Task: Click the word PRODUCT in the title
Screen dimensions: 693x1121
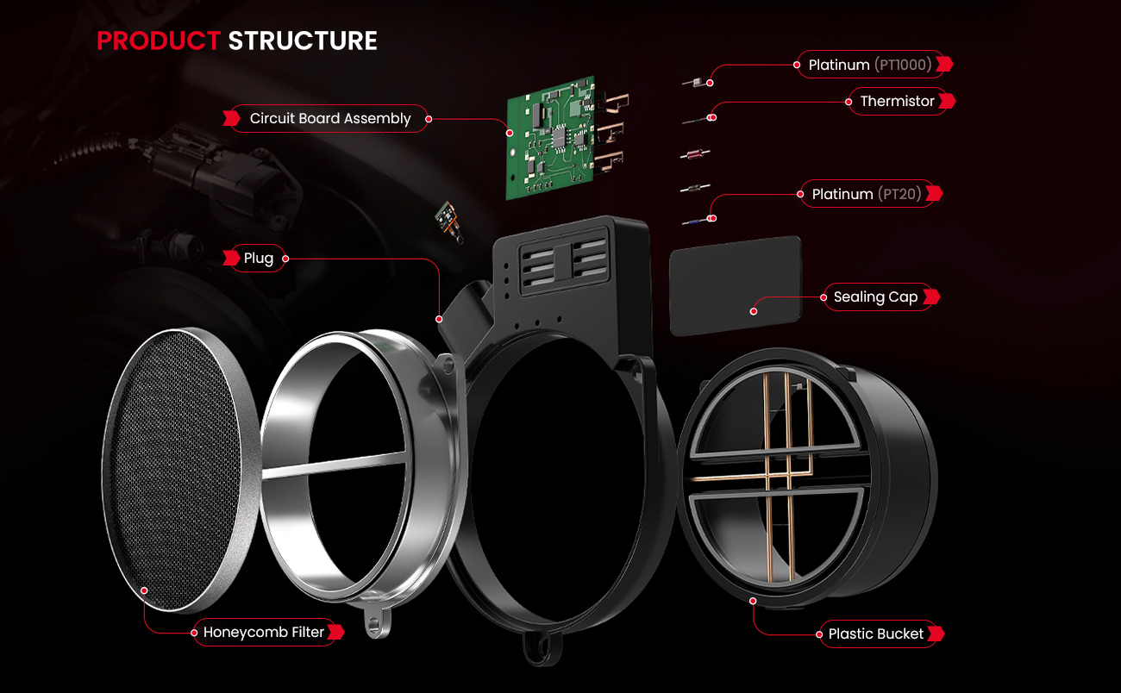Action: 159,41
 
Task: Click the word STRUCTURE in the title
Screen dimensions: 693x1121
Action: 303,41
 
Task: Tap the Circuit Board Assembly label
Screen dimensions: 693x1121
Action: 330,119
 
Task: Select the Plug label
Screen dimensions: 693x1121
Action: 259,259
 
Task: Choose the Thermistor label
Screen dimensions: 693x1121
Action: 897,102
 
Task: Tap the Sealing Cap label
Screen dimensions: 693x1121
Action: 875,297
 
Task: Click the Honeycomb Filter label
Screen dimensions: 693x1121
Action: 264,633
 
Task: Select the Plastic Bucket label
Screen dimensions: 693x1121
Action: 875,634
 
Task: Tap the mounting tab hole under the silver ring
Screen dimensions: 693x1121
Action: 373,623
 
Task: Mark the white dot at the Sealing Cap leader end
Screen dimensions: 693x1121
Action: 754,311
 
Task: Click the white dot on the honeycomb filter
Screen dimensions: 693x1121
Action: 144,591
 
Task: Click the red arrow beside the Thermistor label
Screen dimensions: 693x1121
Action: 948,102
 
